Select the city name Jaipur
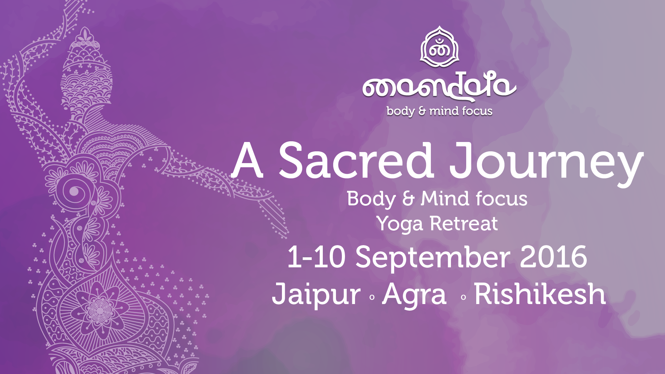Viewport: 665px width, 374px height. (x=316, y=295)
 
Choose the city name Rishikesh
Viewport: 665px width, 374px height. (x=540, y=294)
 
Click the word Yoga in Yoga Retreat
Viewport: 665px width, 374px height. (x=400, y=224)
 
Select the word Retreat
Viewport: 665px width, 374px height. (x=463, y=223)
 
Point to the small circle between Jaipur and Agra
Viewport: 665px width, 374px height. (x=372, y=297)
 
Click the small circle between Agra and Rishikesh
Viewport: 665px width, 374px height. (x=463, y=297)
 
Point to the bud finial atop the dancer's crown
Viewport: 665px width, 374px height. (x=83, y=35)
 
